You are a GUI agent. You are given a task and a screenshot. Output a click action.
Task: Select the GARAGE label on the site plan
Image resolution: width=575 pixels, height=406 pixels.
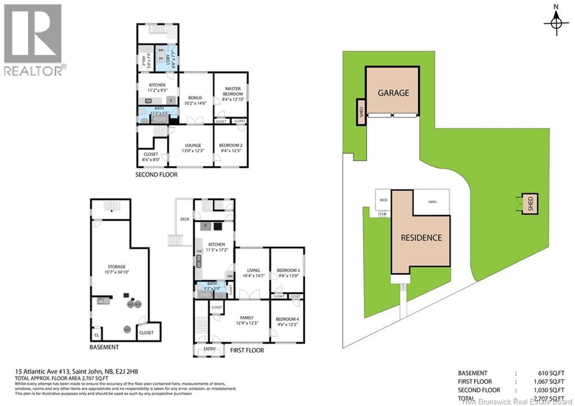point(393,93)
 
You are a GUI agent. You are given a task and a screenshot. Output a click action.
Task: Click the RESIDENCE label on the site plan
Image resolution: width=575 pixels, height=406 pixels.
point(421,238)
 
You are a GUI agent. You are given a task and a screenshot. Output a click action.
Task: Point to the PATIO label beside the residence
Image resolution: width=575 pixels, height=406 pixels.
point(432,202)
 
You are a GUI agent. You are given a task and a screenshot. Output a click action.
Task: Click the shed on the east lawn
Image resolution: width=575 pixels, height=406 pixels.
point(528,203)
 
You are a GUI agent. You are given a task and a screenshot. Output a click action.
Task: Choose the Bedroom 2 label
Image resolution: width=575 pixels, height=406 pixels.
point(230,147)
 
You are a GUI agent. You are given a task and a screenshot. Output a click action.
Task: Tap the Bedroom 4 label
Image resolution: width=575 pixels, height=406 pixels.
point(287,322)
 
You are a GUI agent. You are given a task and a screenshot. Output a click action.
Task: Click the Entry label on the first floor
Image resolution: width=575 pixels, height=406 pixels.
point(209,349)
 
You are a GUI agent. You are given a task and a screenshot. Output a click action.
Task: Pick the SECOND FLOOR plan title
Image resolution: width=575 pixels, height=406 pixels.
point(156,175)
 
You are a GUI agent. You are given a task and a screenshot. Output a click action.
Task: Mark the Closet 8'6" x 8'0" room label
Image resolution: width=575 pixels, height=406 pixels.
point(150,157)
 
